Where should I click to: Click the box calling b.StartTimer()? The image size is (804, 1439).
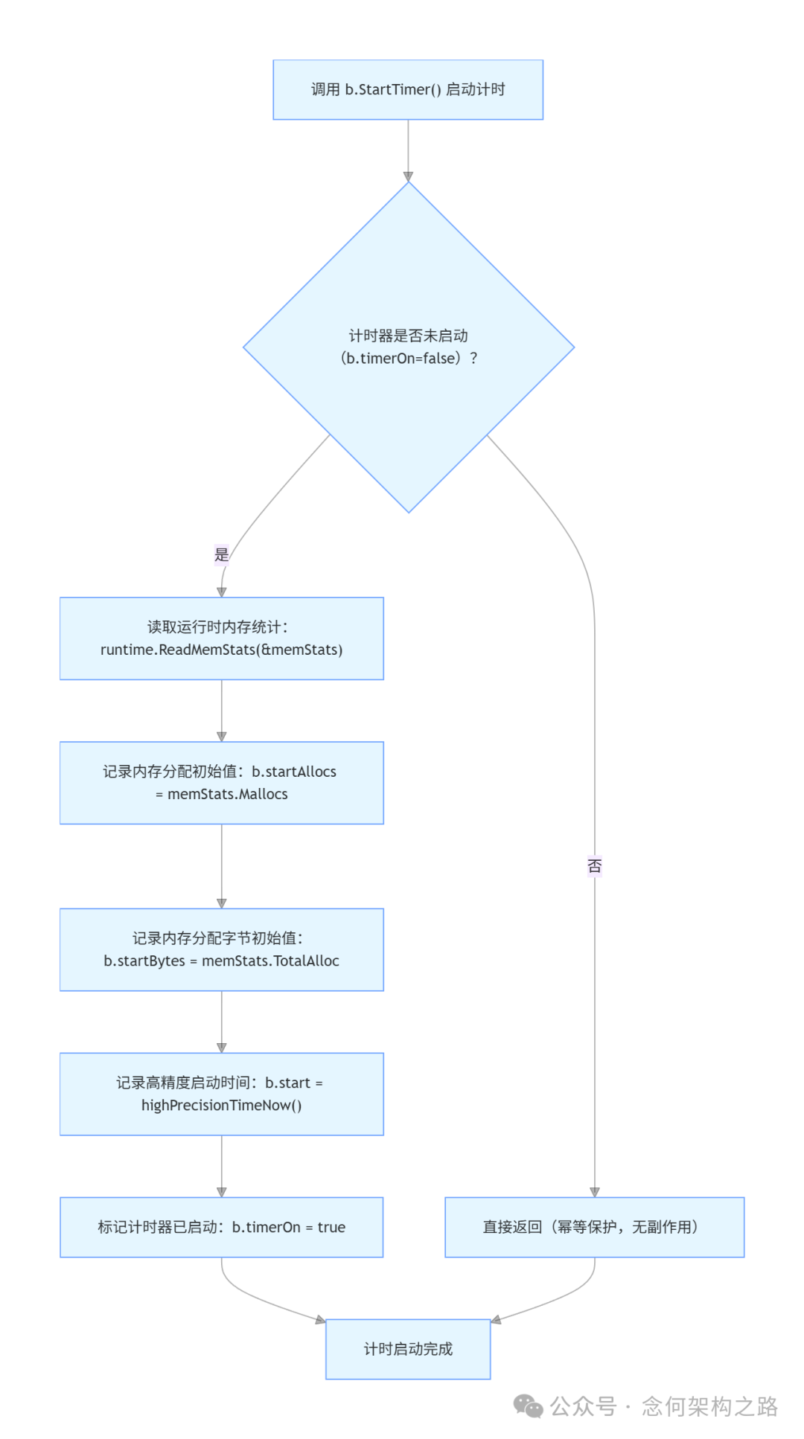pos(408,89)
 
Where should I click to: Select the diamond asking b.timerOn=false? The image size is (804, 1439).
pos(408,347)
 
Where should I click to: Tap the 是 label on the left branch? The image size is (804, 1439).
pos(221,554)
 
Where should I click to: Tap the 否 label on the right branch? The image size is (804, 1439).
pos(594,866)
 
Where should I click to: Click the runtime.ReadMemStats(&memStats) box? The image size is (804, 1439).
pos(221,638)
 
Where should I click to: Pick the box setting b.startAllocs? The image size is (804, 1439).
pos(221,783)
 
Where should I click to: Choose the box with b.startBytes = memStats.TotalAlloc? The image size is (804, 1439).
pos(221,949)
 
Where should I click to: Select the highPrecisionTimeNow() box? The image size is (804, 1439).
pos(221,1094)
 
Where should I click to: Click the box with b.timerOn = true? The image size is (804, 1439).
pos(221,1227)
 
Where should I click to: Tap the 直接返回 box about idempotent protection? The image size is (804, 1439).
pos(594,1227)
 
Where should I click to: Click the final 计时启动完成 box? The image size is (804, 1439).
pos(408,1349)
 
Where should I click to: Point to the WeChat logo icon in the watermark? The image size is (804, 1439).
pos(529,1406)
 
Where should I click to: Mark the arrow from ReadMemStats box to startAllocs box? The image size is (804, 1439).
pos(221,711)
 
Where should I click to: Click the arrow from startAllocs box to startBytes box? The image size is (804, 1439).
pos(221,866)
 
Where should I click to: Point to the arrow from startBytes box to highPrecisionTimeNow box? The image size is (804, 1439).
pos(221,1022)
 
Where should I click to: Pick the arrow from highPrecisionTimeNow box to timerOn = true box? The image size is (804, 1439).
pos(221,1166)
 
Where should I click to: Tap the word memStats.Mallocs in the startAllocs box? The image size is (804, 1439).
pos(228,794)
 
